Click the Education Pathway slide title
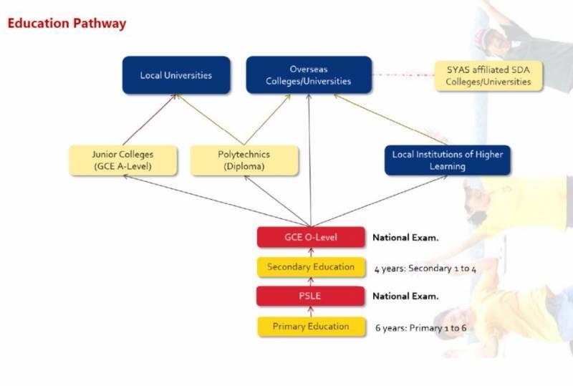pos(67,24)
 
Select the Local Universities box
pos(176,75)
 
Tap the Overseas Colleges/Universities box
pos(309,75)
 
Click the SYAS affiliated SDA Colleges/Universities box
pos(488,75)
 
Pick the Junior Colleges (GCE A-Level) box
pos(122,160)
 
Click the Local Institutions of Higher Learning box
pos(448,160)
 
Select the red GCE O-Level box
pos(311,237)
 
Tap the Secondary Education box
pos(311,267)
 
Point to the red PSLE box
pos(311,296)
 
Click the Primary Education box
pos(311,327)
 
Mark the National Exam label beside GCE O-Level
pos(405,237)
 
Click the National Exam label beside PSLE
pos(405,296)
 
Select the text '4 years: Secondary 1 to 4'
pos(415,269)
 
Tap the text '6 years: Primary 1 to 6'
pos(421,328)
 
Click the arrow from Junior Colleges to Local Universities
pos(150,120)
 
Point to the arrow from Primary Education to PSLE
pos(311,311)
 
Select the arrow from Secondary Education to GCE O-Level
pos(311,252)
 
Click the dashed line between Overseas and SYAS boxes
pos(403,74)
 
